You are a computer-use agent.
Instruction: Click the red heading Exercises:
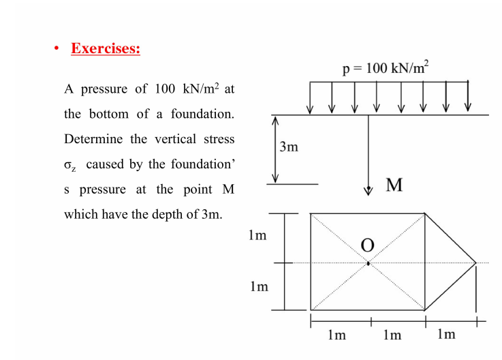(106, 49)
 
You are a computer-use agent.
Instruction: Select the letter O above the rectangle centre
(368, 245)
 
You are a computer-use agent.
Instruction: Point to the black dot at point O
(368, 262)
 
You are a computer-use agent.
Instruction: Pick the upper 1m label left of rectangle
(257, 236)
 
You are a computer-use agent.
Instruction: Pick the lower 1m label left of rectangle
(257, 286)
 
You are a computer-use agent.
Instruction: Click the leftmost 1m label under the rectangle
(336, 335)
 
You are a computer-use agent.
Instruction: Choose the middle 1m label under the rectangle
(392, 335)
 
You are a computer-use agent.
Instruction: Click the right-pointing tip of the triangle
(475, 262)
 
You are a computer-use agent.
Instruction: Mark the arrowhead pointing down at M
(368, 189)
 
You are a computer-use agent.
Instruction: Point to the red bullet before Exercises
(59, 50)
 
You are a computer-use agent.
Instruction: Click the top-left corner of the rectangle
(311, 213)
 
